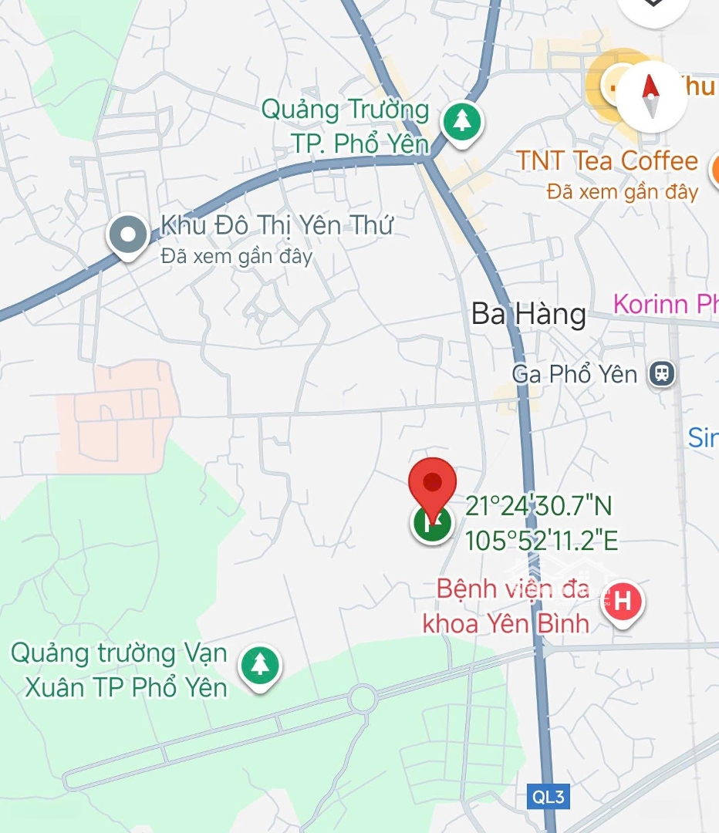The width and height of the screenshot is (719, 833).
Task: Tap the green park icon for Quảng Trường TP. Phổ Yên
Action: click(x=461, y=122)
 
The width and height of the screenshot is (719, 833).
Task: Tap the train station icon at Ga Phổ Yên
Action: click(x=661, y=375)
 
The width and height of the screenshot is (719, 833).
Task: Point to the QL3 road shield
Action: click(x=548, y=797)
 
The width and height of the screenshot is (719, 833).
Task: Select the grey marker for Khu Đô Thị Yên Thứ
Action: click(x=128, y=234)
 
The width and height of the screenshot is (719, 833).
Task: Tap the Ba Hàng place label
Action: click(x=528, y=315)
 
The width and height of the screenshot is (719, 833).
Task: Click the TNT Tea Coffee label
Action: click(x=607, y=161)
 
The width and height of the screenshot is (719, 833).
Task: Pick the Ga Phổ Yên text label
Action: click(x=575, y=375)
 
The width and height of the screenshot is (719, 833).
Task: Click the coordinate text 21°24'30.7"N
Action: click(x=538, y=507)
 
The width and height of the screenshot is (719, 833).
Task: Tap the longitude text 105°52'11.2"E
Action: click(x=542, y=541)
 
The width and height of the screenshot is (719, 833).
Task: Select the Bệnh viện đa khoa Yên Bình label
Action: click(x=507, y=605)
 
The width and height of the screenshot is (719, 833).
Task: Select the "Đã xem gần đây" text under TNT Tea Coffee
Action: click(x=623, y=191)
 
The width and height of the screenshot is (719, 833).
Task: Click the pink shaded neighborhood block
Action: click(x=116, y=416)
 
